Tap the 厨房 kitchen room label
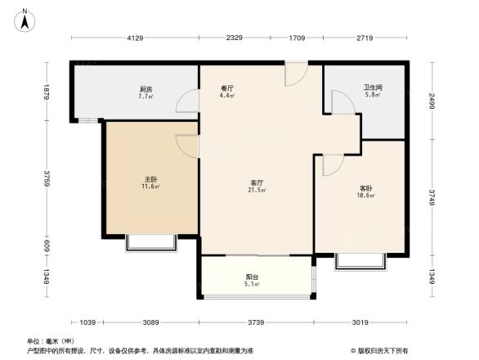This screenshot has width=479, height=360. coord(145,89)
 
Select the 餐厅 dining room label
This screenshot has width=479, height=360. coord(228,88)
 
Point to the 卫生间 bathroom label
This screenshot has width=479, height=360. coord(373,88)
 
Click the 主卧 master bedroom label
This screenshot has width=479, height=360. coord(151,179)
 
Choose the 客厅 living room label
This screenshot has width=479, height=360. coord(256,182)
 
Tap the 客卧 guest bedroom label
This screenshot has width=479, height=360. coord(365,188)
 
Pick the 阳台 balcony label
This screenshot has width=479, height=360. coord(253,277)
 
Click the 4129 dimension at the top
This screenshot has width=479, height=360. coord(135,38)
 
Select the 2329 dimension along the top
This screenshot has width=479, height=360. coord(235,38)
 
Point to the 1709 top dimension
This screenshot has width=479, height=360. coord(296,38)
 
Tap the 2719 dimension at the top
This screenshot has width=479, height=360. coord(365,38)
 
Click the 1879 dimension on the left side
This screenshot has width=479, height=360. coord(48,92)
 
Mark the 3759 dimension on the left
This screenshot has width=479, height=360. coord(48,178)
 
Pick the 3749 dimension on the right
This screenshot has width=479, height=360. coord(432,197)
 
